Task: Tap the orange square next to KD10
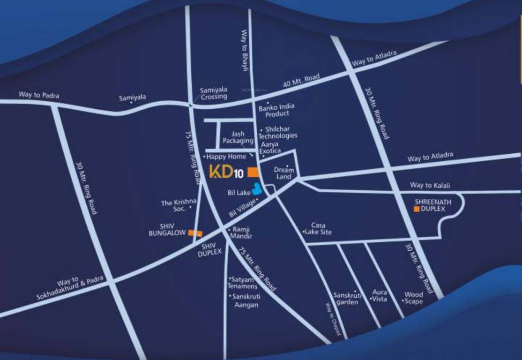coord(253,172)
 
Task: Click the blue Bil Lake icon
coord(257,189)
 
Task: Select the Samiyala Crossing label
coord(213,93)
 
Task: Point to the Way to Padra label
coord(39,95)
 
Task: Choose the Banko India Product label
coord(276,110)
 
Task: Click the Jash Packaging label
coord(238,137)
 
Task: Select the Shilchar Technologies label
coord(281,132)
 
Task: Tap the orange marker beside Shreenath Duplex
coord(416,209)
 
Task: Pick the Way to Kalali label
coord(430,185)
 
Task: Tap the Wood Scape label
coord(413,298)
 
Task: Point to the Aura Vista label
coord(379,295)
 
